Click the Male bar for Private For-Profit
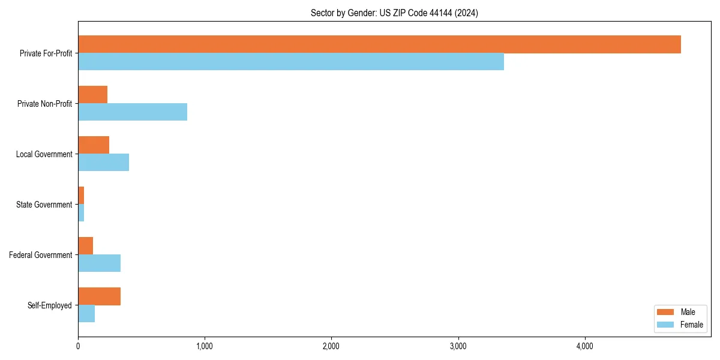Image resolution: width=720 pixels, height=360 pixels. (x=379, y=44)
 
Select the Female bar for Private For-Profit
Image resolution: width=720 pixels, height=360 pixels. (x=291, y=62)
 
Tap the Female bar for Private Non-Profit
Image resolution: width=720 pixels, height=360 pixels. (x=133, y=112)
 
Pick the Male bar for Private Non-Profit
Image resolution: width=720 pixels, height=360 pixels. (x=92, y=95)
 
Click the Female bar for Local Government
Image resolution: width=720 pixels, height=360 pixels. (x=103, y=163)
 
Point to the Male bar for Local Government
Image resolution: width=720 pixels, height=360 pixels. (x=94, y=145)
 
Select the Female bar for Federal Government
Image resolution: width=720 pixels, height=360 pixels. (x=99, y=263)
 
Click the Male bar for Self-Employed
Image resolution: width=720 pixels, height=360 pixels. (x=99, y=296)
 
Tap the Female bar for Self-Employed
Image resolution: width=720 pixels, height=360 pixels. (x=86, y=314)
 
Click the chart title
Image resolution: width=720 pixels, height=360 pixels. (x=394, y=13)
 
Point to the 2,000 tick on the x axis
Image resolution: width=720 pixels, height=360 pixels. (x=331, y=346)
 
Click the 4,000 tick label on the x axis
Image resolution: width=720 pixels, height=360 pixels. (x=585, y=346)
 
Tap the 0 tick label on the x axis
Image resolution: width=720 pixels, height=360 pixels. (x=78, y=346)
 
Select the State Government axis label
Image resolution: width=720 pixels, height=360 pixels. (x=44, y=205)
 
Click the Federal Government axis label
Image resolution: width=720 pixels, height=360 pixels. (x=40, y=255)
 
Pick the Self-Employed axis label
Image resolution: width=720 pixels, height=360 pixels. (x=49, y=305)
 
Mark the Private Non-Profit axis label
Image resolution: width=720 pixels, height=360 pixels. (x=44, y=104)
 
